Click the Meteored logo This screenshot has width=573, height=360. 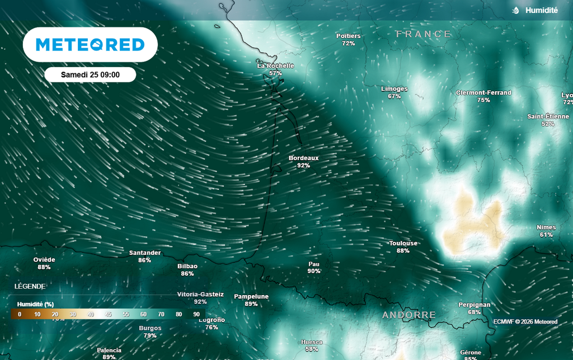pyautogui.click(x=90, y=45)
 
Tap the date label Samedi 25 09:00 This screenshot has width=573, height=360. pyautogui.click(x=90, y=74)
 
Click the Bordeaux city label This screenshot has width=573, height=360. pyautogui.click(x=303, y=158)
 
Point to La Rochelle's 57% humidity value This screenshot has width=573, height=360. pyautogui.click(x=275, y=73)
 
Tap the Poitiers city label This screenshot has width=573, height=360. pyautogui.click(x=348, y=36)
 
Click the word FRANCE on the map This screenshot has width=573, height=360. pyautogui.click(x=423, y=34)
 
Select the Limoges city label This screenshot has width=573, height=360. pyautogui.click(x=394, y=88)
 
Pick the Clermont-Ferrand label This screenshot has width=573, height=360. pyautogui.click(x=483, y=92)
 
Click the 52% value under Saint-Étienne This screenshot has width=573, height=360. pyautogui.click(x=548, y=124)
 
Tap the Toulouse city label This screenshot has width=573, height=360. pyautogui.click(x=403, y=243)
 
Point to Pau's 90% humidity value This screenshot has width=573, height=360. pyautogui.click(x=314, y=271)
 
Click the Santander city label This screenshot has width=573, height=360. pyautogui.click(x=145, y=253)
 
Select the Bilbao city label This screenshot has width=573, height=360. pyautogui.click(x=187, y=266)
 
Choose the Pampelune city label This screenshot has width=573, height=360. pyautogui.click(x=251, y=296)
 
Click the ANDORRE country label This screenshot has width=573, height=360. pyautogui.click(x=408, y=315)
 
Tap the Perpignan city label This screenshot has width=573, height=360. pyautogui.click(x=475, y=305)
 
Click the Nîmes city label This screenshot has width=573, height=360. pyautogui.click(x=546, y=227)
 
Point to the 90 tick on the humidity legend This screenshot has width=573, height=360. pyautogui.click(x=196, y=314)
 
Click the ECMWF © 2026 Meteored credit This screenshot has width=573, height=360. pyautogui.click(x=525, y=321)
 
